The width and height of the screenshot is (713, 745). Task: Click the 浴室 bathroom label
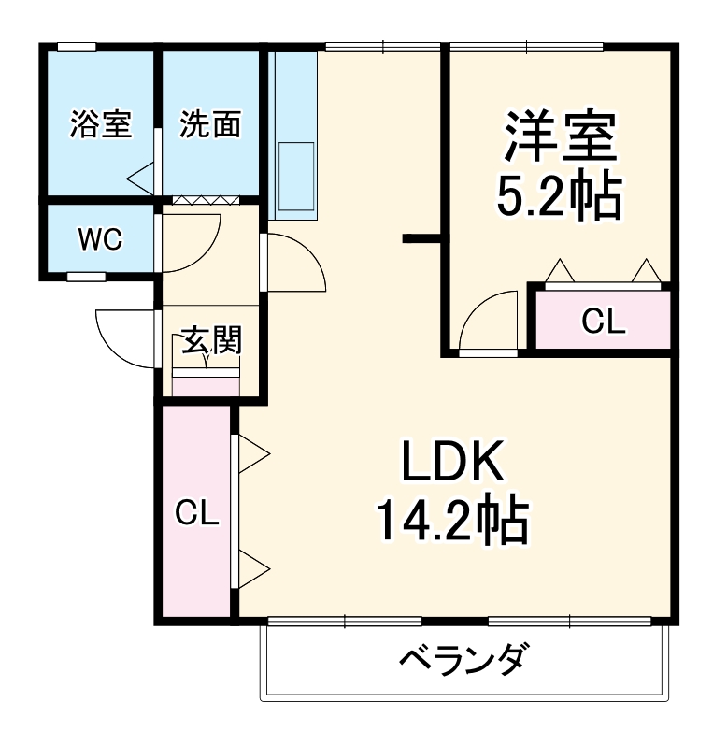[100, 124]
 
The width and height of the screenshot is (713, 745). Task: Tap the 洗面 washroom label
[210, 124]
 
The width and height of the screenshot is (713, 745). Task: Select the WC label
[99, 240]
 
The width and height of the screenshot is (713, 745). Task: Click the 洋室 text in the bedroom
[561, 137]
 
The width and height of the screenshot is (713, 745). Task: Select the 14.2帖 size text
[453, 521]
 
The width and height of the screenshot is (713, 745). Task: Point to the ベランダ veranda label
[464, 660]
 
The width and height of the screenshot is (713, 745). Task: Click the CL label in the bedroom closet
[602, 322]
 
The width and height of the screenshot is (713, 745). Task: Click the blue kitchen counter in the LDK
[295, 136]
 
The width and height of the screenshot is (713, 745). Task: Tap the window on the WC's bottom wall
[86, 277]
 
